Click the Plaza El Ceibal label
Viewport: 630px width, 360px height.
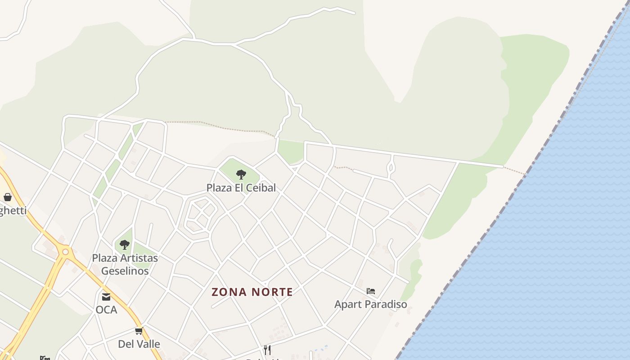click(x=241, y=188)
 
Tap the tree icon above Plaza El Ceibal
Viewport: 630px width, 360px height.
click(x=241, y=174)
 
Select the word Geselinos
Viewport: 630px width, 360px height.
click(x=125, y=271)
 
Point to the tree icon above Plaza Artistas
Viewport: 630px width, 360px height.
click(x=125, y=245)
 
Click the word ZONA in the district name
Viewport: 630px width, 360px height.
click(x=229, y=292)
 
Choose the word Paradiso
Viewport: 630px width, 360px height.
click(x=385, y=304)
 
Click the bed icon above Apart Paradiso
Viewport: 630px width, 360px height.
click(x=371, y=291)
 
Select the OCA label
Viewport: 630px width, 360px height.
click(x=106, y=310)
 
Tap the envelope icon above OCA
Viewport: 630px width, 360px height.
click(x=106, y=297)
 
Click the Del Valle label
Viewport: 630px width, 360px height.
click(x=139, y=344)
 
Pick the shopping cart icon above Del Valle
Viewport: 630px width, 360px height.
click(x=139, y=331)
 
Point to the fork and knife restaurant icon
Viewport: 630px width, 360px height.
click(x=267, y=350)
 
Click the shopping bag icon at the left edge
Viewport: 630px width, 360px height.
click(x=8, y=197)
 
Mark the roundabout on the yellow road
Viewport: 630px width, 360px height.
click(x=66, y=252)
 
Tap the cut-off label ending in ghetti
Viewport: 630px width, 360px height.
click(x=13, y=210)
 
